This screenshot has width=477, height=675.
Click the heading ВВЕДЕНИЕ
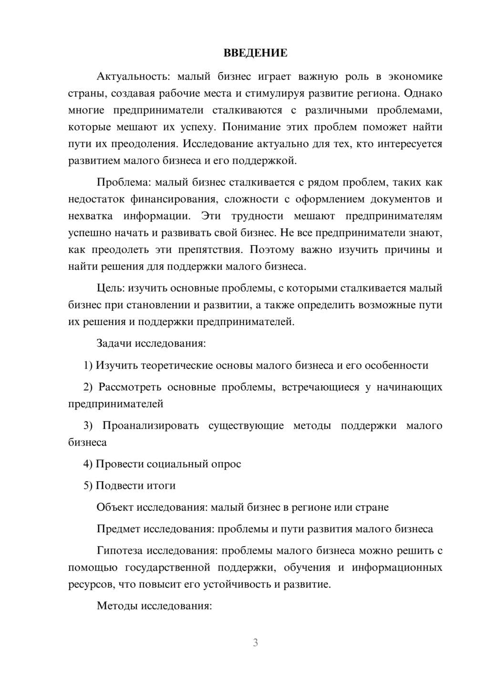[x=255, y=53]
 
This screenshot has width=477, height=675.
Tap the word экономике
[x=415, y=77]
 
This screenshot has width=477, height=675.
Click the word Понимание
[x=250, y=127]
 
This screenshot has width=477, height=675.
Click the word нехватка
[x=91, y=216]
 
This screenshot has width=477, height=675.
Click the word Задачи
[x=114, y=343]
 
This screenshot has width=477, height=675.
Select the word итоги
[x=161, y=485]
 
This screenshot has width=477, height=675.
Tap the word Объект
[x=115, y=507]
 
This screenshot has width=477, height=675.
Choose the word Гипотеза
[x=119, y=551]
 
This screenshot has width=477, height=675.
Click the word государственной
[x=167, y=568]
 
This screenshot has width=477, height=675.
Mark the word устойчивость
[x=237, y=584]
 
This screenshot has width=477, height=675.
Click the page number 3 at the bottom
[x=255, y=643]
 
